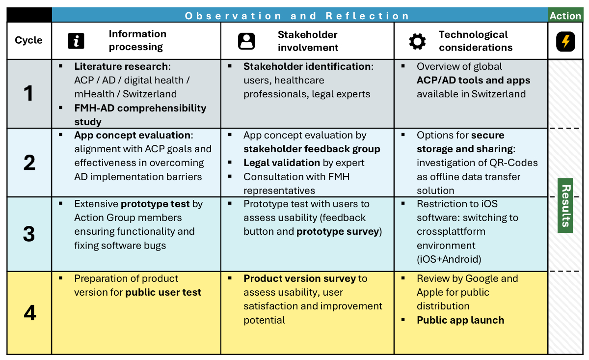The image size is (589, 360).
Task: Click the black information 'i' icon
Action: tap(76, 41)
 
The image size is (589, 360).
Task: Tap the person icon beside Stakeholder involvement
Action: tap(246, 41)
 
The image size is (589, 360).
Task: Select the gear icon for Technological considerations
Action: tap(417, 41)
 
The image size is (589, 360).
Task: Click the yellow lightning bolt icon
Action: tap(565, 41)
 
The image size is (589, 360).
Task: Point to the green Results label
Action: tap(565, 205)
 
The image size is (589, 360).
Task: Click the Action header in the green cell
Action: tap(565, 16)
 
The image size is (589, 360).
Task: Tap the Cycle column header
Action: tap(28, 40)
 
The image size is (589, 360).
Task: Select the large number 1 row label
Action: tap(28, 93)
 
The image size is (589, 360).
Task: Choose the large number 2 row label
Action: tap(29, 163)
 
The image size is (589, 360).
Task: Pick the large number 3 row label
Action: tap(29, 234)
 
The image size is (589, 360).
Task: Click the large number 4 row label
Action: tap(30, 313)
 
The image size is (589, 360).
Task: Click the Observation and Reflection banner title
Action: tap(297, 16)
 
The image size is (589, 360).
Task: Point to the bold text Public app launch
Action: tap(460, 320)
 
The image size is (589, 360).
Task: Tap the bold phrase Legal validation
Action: tap(282, 163)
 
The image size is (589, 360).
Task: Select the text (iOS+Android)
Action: tap(449, 259)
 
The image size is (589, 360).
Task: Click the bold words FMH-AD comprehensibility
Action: tap(140, 108)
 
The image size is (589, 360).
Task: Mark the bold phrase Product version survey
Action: tap(300, 278)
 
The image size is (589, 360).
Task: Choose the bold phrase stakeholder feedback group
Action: tap(312, 149)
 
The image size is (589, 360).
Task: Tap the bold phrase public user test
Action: tap(163, 292)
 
